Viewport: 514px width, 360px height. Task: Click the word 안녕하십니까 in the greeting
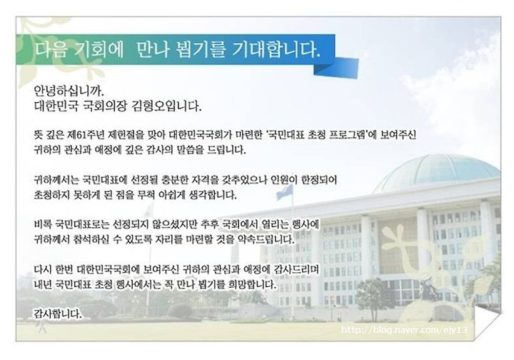pyautogui.click(x=69, y=90)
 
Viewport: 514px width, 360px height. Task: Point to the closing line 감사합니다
pyautogui.click(x=58, y=314)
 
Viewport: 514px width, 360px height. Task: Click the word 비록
pyautogui.click(x=43, y=224)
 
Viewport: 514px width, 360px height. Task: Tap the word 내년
pyautogui.click(x=43, y=284)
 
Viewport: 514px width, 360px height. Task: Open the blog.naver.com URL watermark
pyautogui.click(x=404, y=330)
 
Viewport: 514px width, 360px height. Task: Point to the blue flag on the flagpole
pyautogui.click(x=285, y=191)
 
